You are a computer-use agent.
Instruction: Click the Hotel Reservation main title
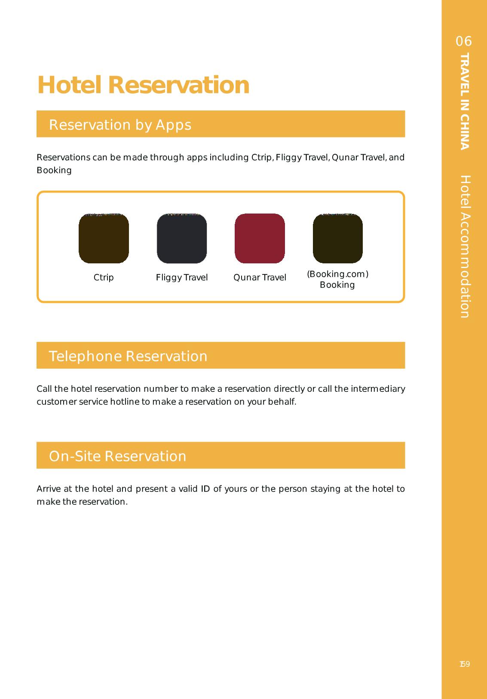pyautogui.click(x=143, y=85)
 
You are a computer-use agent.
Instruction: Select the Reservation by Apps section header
pyautogui.click(x=120, y=125)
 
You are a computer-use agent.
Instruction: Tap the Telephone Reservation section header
pyautogui.click(x=128, y=356)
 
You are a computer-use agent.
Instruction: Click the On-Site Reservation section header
pyautogui.click(x=117, y=456)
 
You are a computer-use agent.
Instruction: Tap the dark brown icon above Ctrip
pyautogui.click(x=104, y=238)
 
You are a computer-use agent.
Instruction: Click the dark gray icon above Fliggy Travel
pyautogui.click(x=182, y=238)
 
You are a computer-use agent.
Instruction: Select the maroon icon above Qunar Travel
pyautogui.click(x=260, y=238)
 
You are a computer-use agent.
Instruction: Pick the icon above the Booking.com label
pyautogui.click(x=337, y=238)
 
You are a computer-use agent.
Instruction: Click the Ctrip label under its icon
pyautogui.click(x=104, y=278)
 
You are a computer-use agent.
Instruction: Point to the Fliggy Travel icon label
pyautogui.click(x=182, y=278)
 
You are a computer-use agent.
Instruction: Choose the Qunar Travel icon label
pyautogui.click(x=260, y=278)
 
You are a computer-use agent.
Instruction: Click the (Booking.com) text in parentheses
pyautogui.click(x=337, y=274)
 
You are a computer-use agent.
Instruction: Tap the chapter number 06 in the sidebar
pyautogui.click(x=464, y=41)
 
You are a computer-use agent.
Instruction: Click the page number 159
pyautogui.click(x=464, y=664)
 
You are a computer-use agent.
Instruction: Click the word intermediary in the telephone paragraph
pyautogui.click(x=378, y=389)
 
